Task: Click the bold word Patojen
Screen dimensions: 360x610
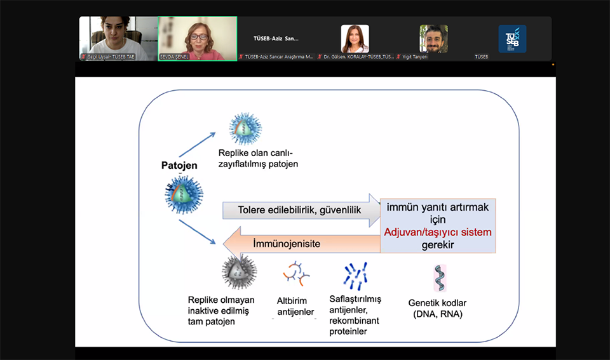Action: [179, 166]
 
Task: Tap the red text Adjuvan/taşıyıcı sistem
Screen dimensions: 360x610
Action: [438, 232]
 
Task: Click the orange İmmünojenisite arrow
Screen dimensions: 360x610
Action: [299, 243]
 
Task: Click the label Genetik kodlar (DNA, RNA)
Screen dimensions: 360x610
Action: [437, 309]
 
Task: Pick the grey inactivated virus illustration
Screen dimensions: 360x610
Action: [239, 272]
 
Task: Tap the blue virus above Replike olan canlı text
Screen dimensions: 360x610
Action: [246, 129]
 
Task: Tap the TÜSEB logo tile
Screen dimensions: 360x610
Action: [512, 39]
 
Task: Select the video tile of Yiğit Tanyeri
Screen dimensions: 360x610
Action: [433, 39]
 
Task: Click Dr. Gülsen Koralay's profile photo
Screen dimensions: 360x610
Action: [355, 38]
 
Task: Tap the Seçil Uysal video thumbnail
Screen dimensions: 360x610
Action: [118, 38]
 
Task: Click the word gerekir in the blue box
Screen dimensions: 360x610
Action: [438, 244]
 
